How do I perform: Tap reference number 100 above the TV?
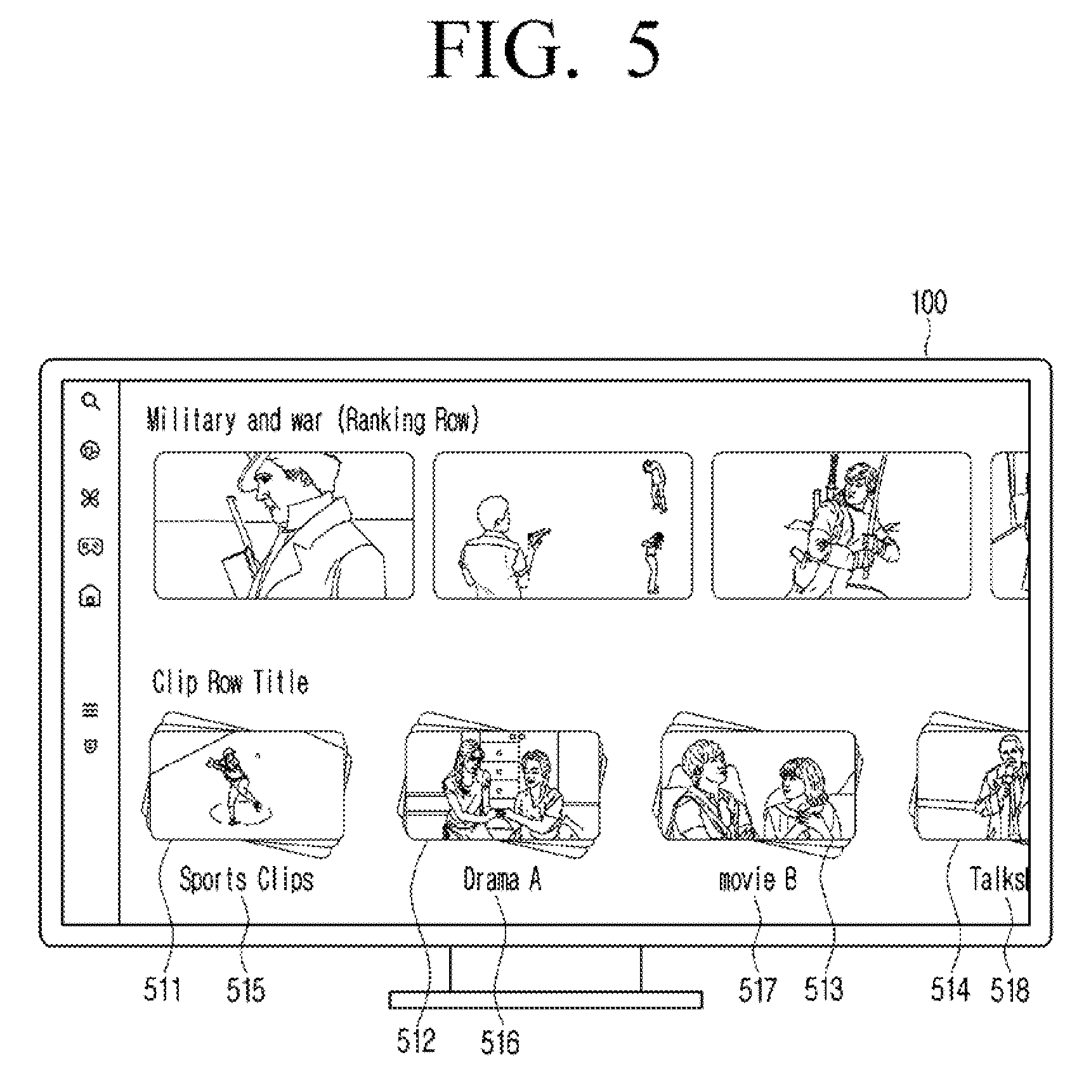[929, 302]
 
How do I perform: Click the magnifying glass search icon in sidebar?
[91, 401]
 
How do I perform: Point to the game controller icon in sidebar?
[91, 547]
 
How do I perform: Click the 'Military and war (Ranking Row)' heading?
[313, 420]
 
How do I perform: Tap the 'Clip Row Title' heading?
[231, 682]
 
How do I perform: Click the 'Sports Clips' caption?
[247, 879]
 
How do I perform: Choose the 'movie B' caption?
[757, 879]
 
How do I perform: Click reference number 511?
[163, 989]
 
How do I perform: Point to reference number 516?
[500, 1042]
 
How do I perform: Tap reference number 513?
[824, 989]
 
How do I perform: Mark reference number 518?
[1010, 989]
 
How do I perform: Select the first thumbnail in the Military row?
[284, 526]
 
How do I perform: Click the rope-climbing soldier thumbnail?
[841, 526]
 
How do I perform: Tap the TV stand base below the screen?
[545, 1000]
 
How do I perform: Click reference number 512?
[416, 1042]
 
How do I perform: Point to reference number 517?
[757, 989]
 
